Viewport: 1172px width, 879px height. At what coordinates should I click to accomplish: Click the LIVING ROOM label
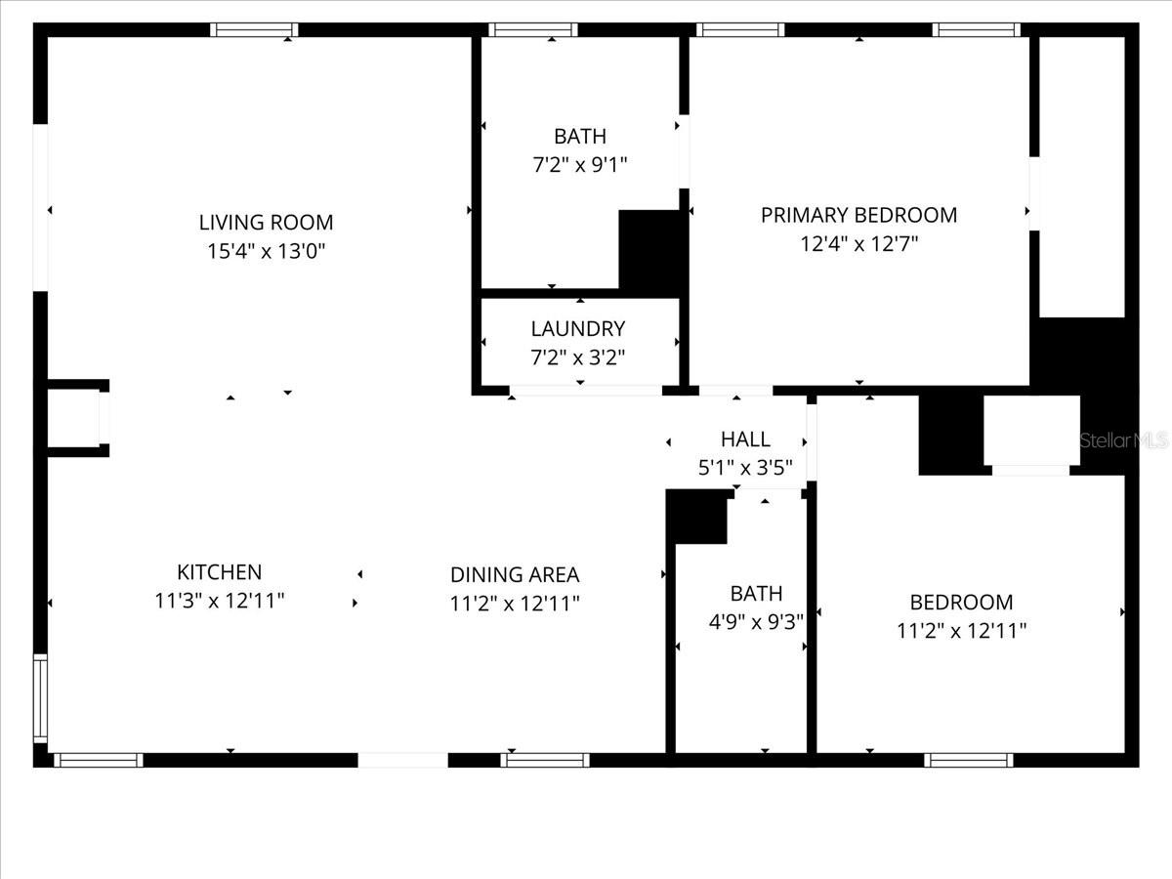266,222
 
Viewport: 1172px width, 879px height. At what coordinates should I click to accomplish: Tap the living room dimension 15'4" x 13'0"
266,251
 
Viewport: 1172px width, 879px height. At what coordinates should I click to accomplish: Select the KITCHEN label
220,572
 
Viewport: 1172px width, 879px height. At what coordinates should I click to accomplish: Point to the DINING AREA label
515,575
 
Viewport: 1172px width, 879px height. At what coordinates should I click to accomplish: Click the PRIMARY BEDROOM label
858,215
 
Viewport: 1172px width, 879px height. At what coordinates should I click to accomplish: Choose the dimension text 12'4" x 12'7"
858,244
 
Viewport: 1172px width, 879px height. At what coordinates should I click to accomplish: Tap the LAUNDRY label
578,329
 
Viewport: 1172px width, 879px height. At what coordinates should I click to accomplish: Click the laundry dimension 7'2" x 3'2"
578,357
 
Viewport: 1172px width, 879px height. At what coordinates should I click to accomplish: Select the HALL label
745,439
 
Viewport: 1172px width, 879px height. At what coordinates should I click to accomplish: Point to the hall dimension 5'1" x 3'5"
745,468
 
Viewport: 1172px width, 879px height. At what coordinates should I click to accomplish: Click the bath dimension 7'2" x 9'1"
580,164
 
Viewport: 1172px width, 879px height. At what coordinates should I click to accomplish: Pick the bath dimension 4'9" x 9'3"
756,622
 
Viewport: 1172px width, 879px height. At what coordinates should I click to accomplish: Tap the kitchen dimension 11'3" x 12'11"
220,601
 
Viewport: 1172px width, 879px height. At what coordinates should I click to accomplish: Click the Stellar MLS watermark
1124,440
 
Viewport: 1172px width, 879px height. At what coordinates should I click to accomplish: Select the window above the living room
254,30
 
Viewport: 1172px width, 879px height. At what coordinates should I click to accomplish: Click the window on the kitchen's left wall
41,698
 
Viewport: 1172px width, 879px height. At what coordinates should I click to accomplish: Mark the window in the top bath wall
533,30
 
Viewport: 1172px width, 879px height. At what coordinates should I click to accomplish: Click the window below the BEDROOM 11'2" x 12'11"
969,760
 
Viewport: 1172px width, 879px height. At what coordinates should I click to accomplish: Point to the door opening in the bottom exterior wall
402,760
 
